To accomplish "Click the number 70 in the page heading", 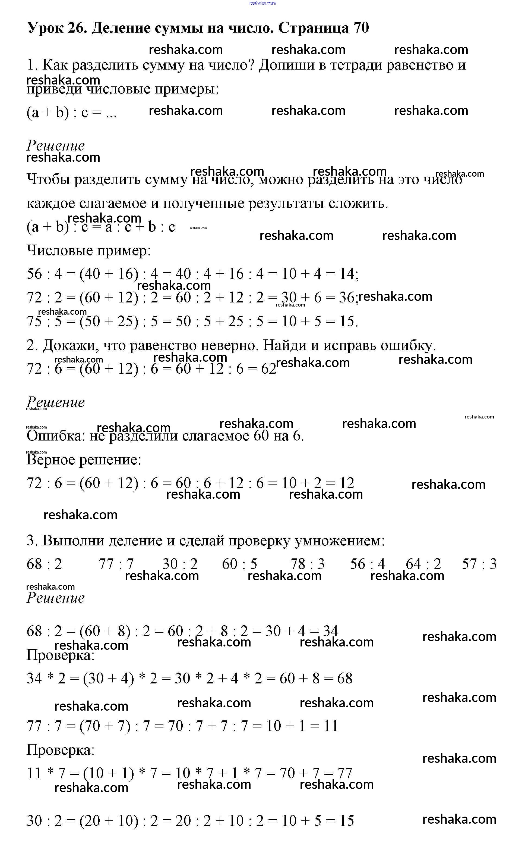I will point(361,28).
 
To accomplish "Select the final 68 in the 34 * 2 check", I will point(344,678).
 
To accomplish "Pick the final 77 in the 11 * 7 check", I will point(344,773).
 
